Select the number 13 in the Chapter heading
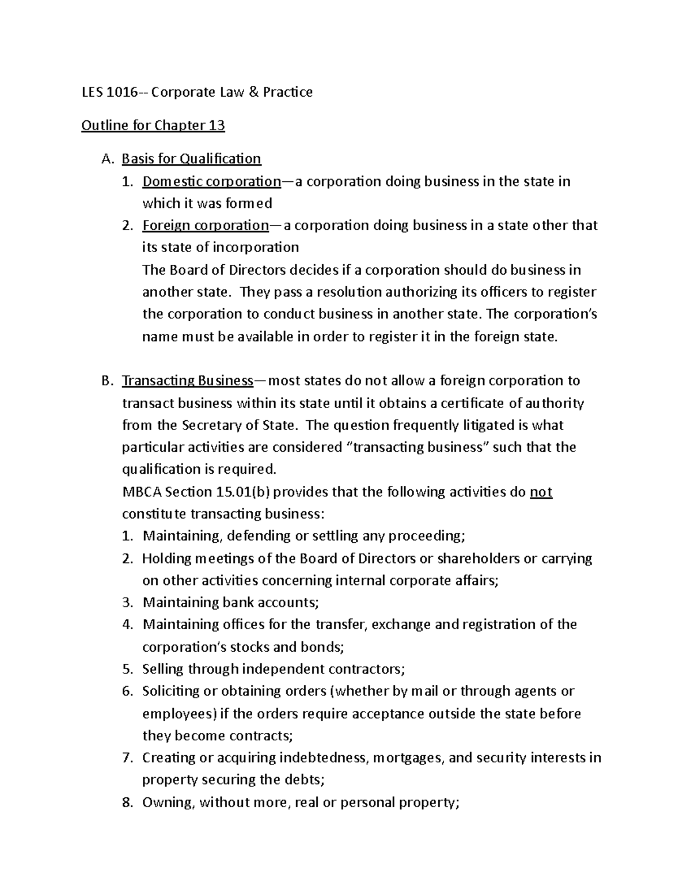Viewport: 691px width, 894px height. (217, 125)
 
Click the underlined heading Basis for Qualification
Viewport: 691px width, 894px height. (191, 158)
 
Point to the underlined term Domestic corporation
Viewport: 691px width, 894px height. (211, 181)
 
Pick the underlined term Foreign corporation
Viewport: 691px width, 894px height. (205, 225)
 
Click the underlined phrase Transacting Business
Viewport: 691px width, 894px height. (187, 381)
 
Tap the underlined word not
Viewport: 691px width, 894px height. (541, 492)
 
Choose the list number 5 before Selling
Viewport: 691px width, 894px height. (127, 669)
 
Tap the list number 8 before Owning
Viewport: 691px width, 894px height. (127, 802)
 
